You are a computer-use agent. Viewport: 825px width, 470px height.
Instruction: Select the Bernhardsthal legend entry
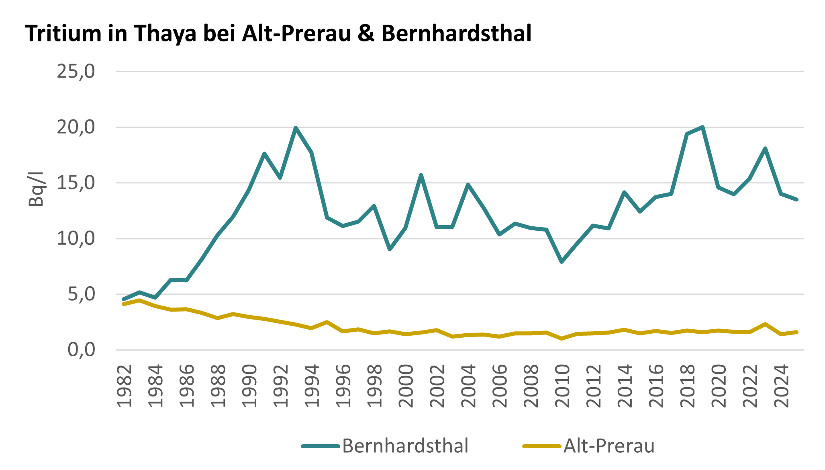click(405, 446)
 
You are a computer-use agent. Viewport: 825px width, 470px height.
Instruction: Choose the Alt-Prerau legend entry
click(609, 446)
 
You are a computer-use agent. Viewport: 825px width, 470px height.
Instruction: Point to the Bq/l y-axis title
click(36, 189)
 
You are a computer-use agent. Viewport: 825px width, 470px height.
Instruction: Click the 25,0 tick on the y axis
click(76, 72)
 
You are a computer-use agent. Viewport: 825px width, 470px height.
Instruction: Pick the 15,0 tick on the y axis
click(76, 183)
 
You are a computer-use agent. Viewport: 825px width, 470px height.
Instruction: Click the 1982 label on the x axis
click(125, 386)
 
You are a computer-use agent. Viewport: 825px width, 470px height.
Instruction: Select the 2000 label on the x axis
click(406, 386)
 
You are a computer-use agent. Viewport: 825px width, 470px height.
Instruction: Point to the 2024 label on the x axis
click(782, 386)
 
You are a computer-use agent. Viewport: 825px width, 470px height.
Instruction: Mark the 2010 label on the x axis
click(562, 386)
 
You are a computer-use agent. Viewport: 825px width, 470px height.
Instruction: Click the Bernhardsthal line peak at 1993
click(296, 128)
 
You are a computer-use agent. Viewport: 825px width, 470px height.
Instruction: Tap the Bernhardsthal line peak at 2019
click(702, 127)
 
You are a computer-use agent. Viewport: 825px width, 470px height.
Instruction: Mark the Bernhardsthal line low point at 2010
click(562, 262)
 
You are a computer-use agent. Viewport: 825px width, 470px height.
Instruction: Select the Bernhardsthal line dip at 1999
click(390, 250)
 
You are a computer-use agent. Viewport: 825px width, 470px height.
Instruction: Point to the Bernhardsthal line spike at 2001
click(421, 175)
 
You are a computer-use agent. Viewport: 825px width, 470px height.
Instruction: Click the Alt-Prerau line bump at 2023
click(765, 324)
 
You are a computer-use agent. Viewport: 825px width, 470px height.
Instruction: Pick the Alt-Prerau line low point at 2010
click(562, 339)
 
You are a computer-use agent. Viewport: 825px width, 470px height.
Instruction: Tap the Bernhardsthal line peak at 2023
click(765, 148)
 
